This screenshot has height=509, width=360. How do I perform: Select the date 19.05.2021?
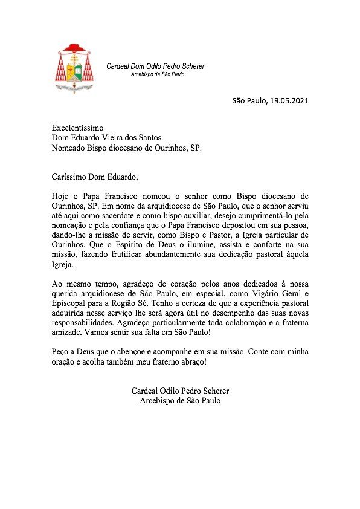pos(289,100)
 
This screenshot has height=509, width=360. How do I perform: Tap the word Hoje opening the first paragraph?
pos(60,196)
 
